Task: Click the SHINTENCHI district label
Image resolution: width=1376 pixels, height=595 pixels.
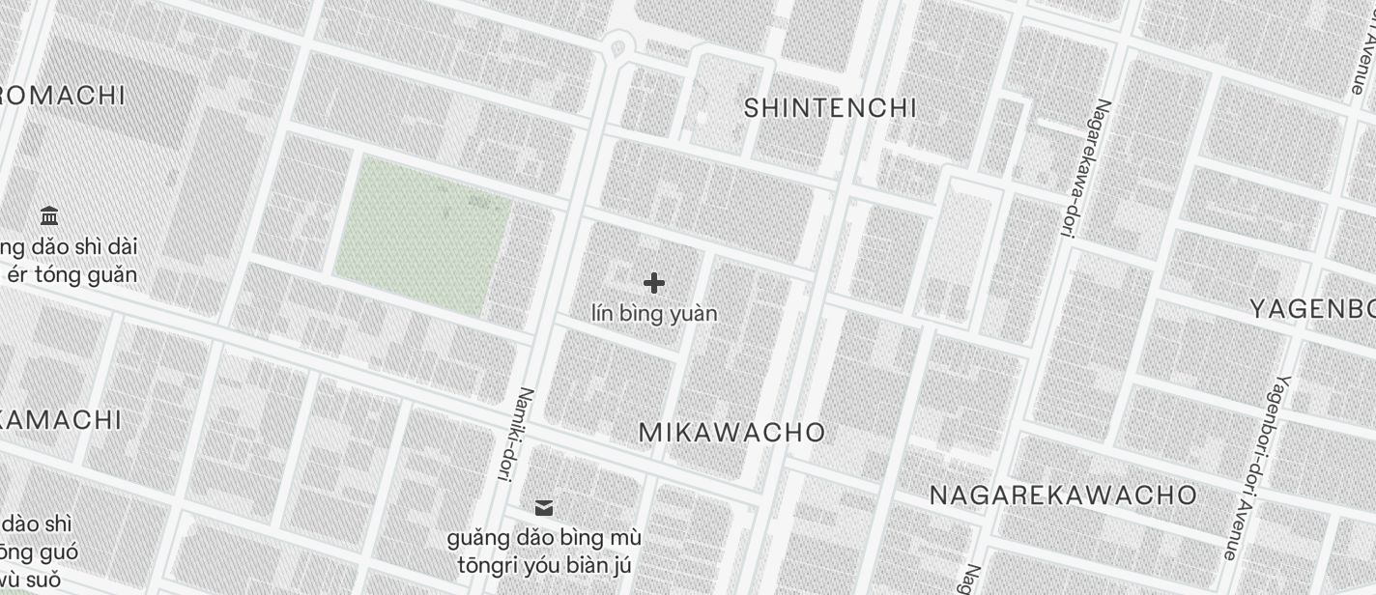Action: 830,108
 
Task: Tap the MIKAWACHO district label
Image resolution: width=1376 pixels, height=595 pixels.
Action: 732,432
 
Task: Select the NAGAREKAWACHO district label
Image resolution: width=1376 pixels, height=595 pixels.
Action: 1063,496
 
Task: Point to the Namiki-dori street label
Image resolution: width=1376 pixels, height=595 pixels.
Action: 514,434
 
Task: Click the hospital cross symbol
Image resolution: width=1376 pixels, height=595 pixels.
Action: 654,283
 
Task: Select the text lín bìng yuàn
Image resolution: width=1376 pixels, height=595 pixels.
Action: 654,314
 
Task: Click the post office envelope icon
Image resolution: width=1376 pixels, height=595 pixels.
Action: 544,508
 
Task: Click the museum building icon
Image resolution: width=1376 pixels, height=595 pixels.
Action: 50,215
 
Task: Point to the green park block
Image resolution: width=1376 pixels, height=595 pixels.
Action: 422,237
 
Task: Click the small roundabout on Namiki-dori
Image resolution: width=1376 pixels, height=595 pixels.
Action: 617,46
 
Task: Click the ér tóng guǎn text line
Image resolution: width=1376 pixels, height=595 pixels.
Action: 72,274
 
